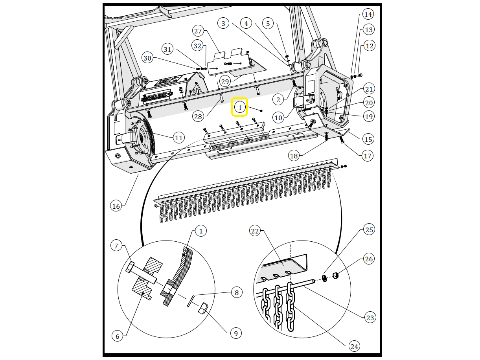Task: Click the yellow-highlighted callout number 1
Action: (x=240, y=108)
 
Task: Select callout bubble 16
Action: (x=116, y=206)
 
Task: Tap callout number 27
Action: (x=198, y=31)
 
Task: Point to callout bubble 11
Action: (x=178, y=138)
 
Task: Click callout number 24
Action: (x=354, y=346)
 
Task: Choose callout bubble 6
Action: (x=118, y=336)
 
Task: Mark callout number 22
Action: (x=255, y=231)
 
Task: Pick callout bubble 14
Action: (x=368, y=15)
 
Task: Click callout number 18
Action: (x=294, y=156)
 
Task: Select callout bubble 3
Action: (x=223, y=24)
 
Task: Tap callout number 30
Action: (x=147, y=58)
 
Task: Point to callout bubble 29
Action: (x=225, y=81)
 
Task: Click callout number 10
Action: (x=278, y=118)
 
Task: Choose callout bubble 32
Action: (x=197, y=46)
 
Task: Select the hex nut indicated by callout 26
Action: (x=335, y=275)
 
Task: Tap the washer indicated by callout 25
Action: (x=324, y=278)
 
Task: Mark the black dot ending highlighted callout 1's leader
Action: (x=261, y=111)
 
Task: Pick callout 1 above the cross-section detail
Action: (x=201, y=231)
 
